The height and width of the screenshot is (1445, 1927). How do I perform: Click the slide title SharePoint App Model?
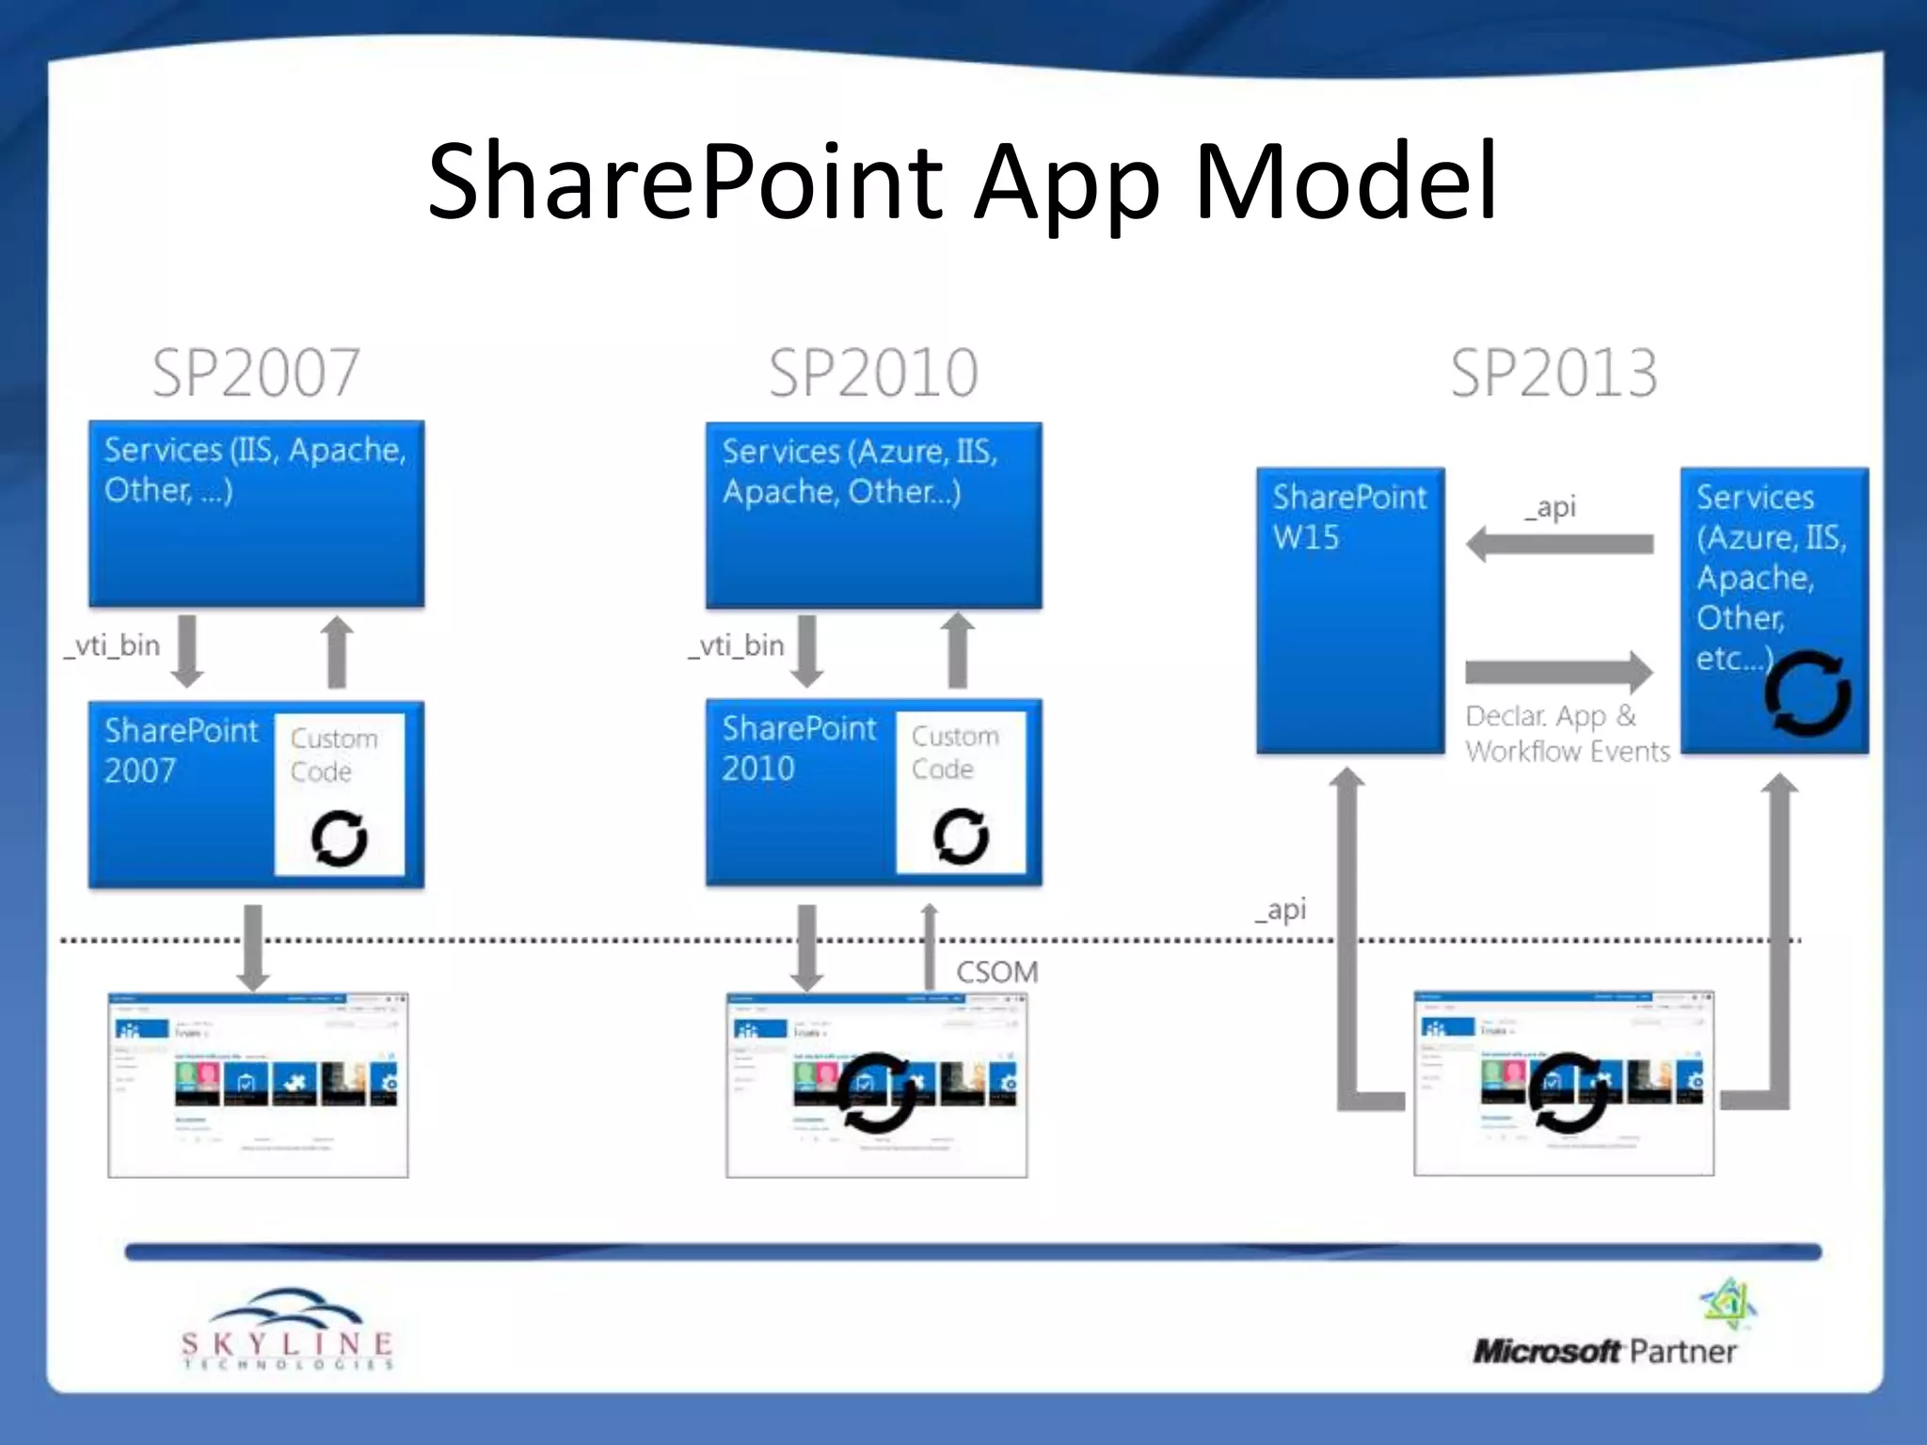click(962, 182)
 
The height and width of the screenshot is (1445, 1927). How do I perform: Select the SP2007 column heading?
click(256, 373)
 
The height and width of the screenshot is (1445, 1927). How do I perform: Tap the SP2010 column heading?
click(873, 373)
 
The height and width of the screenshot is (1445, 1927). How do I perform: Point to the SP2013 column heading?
click(1553, 373)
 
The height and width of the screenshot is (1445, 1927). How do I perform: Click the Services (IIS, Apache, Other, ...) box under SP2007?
click(256, 514)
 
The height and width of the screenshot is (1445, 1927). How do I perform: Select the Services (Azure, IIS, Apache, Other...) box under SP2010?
click(873, 516)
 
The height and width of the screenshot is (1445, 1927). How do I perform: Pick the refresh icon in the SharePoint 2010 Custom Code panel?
click(961, 835)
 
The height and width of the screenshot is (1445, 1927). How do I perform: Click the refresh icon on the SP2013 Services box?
click(1808, 694)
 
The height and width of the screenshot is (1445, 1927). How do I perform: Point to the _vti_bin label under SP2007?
click(113, 645)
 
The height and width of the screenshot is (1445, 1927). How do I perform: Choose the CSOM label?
click(997, 971)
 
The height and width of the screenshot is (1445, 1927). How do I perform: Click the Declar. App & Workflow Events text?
click(1567, 733)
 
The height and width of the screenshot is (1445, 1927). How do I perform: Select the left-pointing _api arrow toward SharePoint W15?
click(1559, 544)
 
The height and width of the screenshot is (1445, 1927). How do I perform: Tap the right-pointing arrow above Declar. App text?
click(1559, 671)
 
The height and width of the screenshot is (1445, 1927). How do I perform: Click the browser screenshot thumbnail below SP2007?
click(258, 1084)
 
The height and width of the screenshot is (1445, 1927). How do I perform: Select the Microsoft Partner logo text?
click(1604, 1352)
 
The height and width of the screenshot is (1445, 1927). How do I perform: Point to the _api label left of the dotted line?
click(1281, 909)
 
